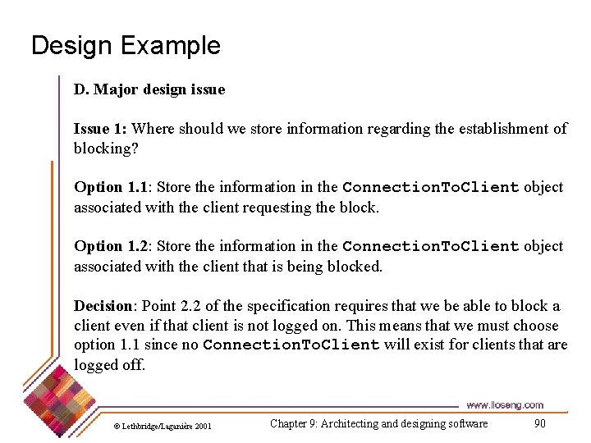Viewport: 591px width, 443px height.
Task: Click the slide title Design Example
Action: [126, 45]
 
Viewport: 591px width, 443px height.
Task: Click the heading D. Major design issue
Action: [149, 89]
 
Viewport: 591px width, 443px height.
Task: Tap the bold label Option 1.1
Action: [109, 187]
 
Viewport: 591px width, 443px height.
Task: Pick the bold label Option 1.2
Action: [109, 246]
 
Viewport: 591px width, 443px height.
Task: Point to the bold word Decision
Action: [103, 306]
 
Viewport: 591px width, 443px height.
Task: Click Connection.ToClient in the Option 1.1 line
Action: [431, 187]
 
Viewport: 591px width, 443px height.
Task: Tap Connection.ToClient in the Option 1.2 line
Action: [431, 246]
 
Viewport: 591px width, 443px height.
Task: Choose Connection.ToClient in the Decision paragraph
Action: [291, 345]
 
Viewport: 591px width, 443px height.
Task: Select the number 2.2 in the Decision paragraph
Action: [190, 306]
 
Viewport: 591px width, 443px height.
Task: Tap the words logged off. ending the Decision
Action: [109, 365]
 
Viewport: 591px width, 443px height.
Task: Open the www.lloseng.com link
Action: [505, 405]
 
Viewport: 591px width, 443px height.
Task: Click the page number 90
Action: [539, 423]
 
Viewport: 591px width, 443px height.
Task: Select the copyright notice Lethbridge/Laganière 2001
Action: [162, 426]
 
